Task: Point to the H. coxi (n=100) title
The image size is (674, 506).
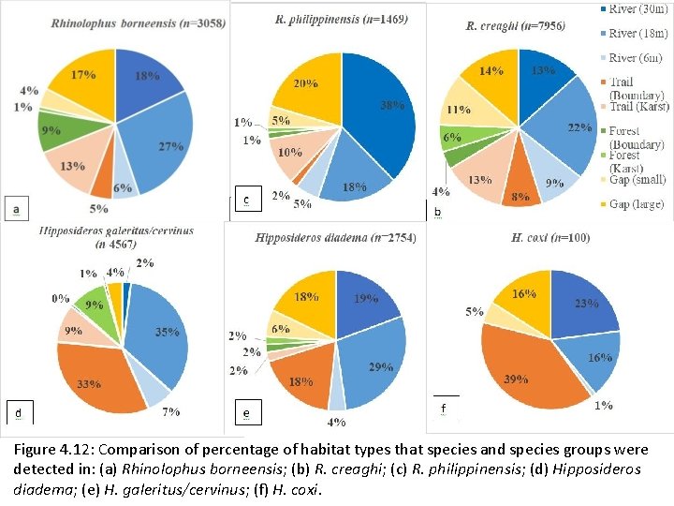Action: [550, 238]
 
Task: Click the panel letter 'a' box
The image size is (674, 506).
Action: [16, 208]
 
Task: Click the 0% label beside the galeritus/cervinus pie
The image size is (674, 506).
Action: [61, 298]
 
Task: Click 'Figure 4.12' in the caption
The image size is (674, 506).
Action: [56, 449]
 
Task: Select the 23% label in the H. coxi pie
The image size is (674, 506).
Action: [587, 304]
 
